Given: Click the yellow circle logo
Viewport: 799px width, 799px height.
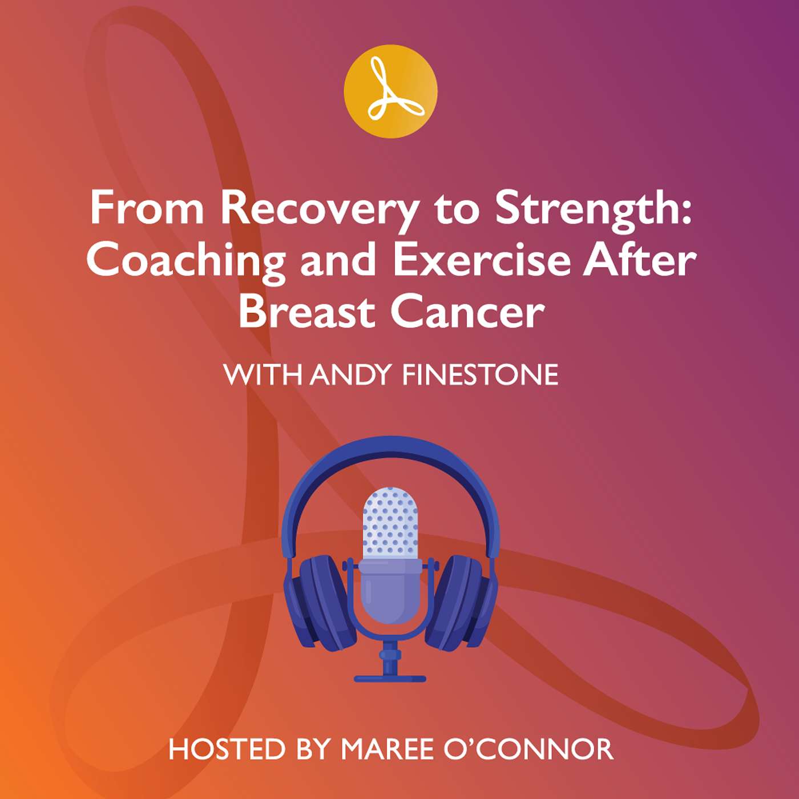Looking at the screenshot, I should click(x=390, y=91).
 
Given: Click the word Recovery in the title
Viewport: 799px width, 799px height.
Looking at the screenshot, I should click(x=319, y=209).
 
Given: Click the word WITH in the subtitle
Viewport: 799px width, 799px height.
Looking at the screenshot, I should click(x=263, y=375).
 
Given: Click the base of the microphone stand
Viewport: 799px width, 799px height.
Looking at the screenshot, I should click(x=390, y=678).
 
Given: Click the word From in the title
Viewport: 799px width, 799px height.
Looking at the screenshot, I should click(x=147, y=209).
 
